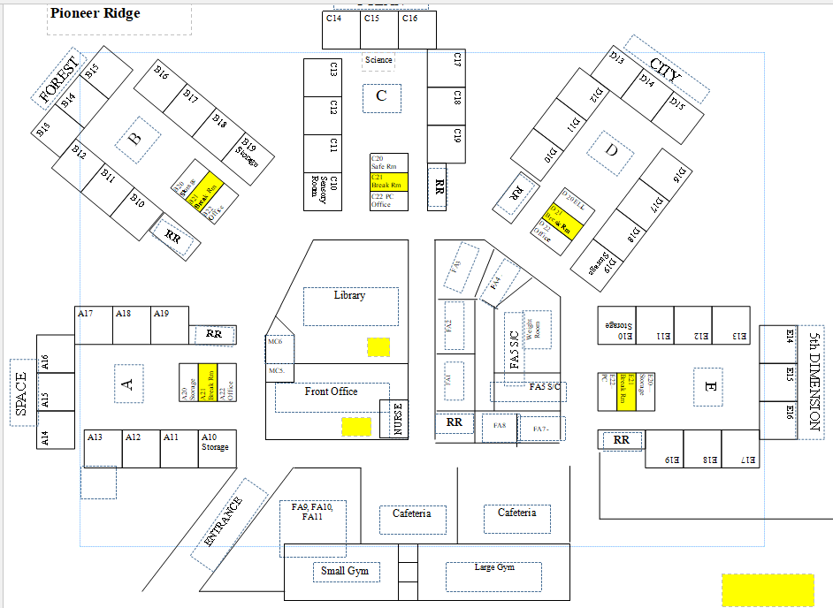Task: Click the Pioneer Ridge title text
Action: [x=96, y=14]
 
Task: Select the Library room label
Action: [x=350, y=296]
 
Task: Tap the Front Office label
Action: [x=332, y=391]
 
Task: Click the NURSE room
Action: [x=395, y=420]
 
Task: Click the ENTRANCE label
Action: [x=223, y=522]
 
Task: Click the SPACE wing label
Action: [x=21, y=393]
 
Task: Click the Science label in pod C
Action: [x=378, y=60]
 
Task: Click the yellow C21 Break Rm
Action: [x=389, y=182]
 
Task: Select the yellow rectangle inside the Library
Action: [x=378, y=346]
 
